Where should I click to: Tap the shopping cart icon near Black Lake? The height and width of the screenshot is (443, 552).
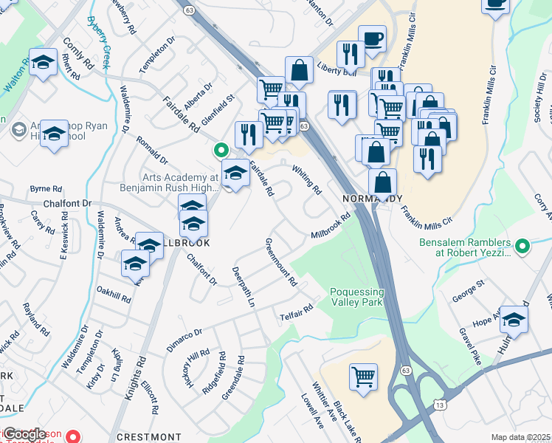[363, 377]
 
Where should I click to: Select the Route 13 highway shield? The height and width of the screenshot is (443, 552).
[441, 405]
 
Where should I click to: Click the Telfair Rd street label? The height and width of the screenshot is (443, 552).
[297, 316]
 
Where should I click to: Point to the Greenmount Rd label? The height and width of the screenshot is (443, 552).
[280, 262]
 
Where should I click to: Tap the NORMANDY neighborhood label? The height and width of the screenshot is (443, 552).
[373, 199]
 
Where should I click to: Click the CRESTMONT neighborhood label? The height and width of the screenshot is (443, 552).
[148, 437]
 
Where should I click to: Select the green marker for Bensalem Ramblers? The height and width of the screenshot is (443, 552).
[522, 246]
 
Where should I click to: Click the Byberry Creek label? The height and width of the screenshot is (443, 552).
[97, 44]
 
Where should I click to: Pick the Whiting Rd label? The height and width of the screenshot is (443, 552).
[306, 179]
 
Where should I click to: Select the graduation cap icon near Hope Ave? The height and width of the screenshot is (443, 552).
[514, 318]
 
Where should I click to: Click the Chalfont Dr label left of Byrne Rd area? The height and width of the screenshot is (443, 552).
[66, 203]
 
